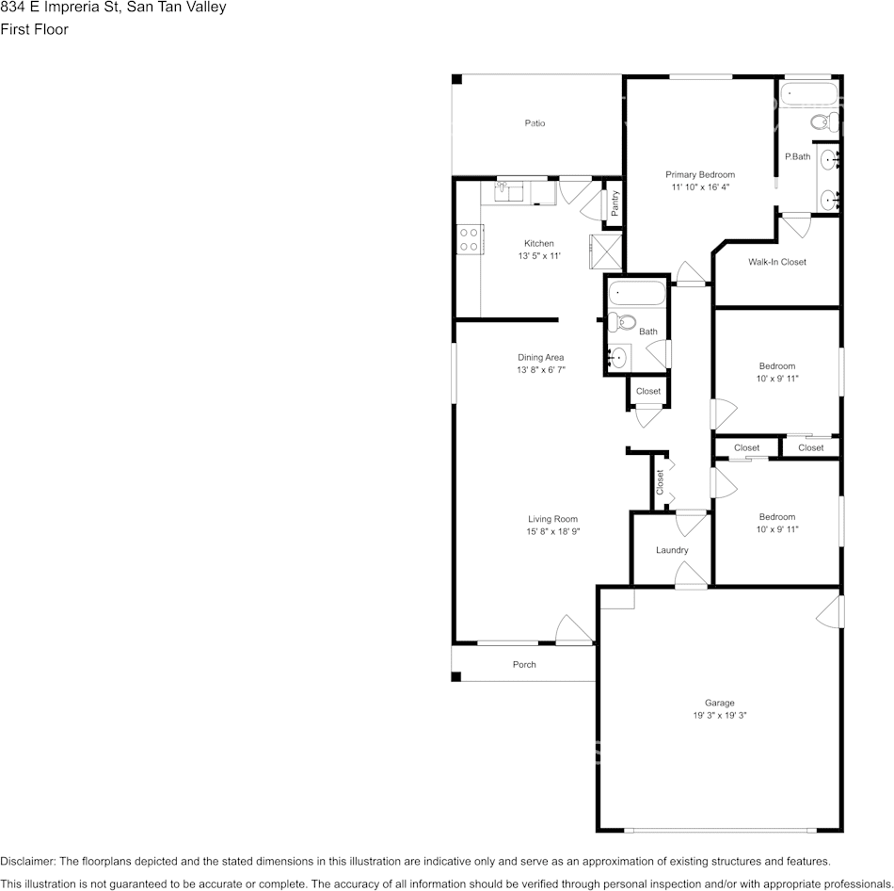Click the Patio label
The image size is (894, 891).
[535, 123]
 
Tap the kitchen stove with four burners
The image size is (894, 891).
[469, 239]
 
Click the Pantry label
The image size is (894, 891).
[614, 204]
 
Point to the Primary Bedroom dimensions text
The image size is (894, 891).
[700, 187]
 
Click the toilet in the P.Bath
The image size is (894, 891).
[822, 121]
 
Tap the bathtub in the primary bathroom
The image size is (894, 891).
[808, 95]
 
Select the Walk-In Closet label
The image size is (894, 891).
[776, 262]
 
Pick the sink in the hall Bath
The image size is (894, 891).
[617, 358]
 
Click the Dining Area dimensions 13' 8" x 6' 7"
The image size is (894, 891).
[540, 370]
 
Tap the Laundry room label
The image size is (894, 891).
[672, 550]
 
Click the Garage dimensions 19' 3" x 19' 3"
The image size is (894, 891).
[719, 716]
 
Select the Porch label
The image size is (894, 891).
[524, 665]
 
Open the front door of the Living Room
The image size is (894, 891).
[573, 631]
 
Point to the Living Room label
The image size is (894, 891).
[552, 519]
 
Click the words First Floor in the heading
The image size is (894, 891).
[35, 29]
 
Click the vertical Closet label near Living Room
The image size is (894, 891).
[660, 482]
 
